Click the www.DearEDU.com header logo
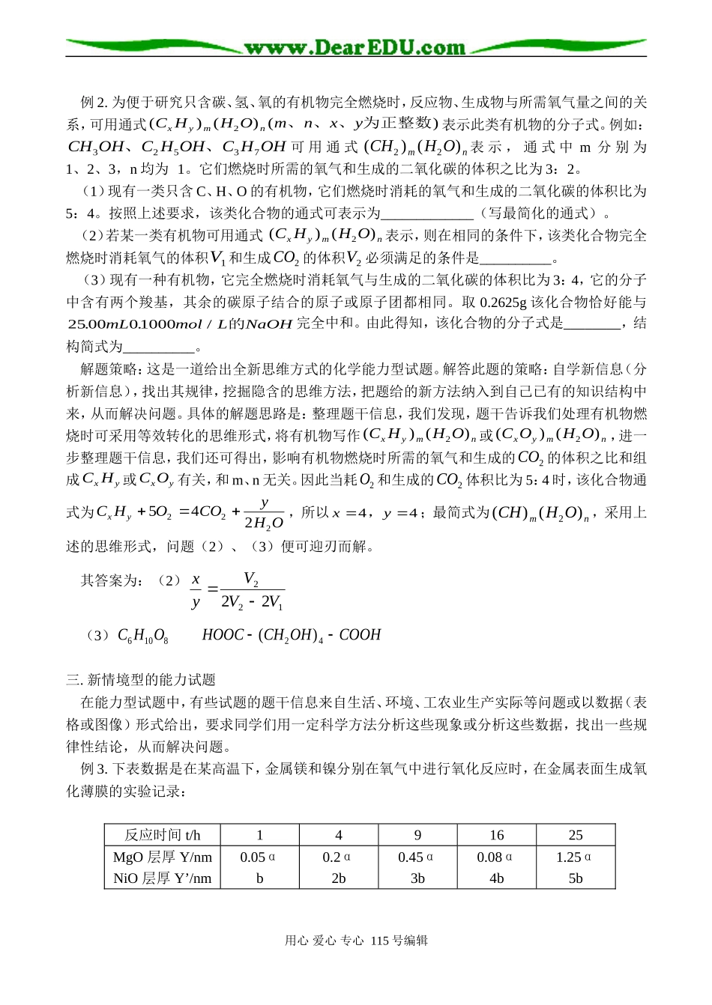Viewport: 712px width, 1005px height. [355, 48]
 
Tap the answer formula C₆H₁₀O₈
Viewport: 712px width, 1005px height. [142, 636]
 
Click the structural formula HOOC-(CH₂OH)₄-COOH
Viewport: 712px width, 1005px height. [292, 635]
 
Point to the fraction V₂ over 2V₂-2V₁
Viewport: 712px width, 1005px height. [252, 591]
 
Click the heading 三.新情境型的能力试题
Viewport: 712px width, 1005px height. [141, 680]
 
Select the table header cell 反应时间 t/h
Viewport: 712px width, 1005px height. [163, 835]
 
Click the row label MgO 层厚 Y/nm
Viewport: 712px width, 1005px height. [163, 857]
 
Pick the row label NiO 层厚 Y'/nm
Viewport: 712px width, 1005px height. [163, 878]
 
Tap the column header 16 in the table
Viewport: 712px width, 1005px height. [496, 835]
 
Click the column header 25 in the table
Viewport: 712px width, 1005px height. [575, 835]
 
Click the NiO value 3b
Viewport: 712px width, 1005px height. [417, 878]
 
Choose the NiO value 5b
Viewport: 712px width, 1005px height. [575, 878]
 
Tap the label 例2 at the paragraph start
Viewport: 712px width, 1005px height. [94, 103]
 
